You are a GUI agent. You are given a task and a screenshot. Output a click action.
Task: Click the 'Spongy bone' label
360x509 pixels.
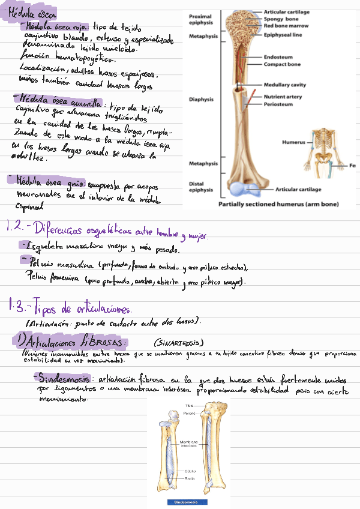[x=281, y=19]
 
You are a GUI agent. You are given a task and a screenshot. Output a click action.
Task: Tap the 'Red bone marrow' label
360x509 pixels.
[x=286, y=26]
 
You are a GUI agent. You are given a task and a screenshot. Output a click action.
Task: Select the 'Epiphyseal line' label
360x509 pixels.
[x=283, y=35]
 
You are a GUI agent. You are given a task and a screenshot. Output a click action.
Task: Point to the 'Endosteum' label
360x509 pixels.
[x=277, y=58]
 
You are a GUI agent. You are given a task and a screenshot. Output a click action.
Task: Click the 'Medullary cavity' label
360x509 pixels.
[x=285, y=85]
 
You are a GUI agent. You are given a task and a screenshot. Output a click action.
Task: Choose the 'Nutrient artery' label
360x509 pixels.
[x=283, y=97]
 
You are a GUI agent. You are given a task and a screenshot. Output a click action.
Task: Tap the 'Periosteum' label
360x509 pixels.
[x=277, y=104]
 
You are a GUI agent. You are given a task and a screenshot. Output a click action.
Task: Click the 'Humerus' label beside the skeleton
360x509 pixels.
[x=293, y=143]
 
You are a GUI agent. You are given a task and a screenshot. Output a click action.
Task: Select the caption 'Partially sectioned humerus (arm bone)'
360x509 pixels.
[x=278, y=204]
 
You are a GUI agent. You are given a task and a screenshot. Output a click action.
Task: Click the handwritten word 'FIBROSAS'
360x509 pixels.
[x=103, y=342]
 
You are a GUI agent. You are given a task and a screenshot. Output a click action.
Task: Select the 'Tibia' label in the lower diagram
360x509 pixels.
[x=190, y=406]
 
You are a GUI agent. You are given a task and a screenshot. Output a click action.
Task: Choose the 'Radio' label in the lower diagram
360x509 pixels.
[x=189, y=478]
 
